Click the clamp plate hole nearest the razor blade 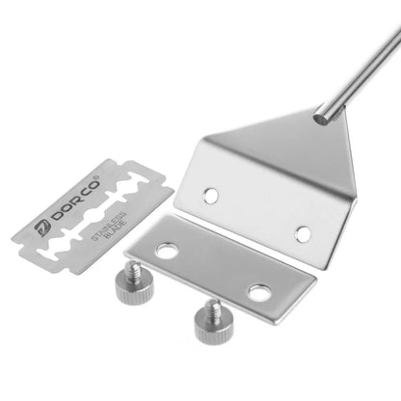coord(167,253)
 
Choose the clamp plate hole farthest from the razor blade coord(258,291)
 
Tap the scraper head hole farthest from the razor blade coord(303,232)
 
